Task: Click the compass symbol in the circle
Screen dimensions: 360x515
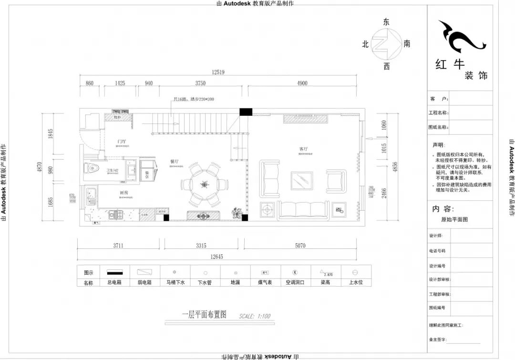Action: tap(386, 43)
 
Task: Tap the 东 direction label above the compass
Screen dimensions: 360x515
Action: tap(386, 22)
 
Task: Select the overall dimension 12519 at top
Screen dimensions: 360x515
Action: tap(218, 72)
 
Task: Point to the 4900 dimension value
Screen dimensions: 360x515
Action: tap(302, 83)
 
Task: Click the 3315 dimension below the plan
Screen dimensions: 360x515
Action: tap(201, 246)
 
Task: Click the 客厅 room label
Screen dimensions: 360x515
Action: tap(303, 149)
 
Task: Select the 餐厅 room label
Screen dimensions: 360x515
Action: tap(175, 162)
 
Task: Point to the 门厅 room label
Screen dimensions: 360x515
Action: tap(122, 142)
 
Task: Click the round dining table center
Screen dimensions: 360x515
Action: tap(205, 184)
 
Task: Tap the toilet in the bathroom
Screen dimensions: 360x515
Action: tap(92, 168)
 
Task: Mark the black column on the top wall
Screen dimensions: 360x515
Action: tap(245, 112)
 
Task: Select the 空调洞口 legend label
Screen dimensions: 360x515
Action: tap(295, 282)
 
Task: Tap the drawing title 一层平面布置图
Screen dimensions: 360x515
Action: tap(204, 315)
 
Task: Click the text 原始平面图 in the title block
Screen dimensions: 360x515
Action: tap(454, 220)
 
